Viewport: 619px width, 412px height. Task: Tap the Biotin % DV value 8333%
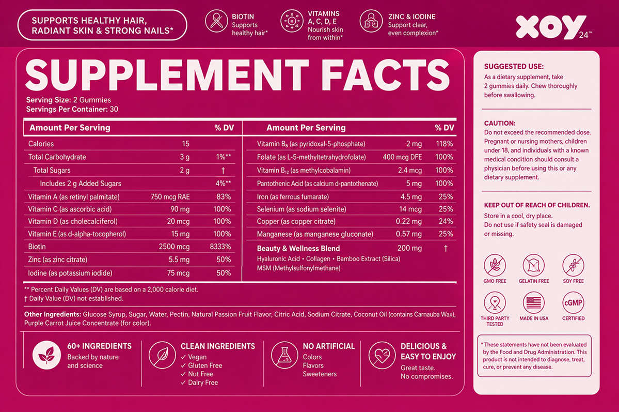click(x=220, y=247)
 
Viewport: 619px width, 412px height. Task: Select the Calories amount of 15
click(x=185, y=144)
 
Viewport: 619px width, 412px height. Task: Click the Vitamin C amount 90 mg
click(x=180, y=209)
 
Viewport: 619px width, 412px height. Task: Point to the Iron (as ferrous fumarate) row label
click(x=293, y=197)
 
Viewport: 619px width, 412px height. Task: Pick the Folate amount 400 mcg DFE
click(x=402, y=157)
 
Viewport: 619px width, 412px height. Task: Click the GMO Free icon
click(x=495, y=265)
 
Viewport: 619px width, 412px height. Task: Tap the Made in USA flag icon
click(x=534, y=303)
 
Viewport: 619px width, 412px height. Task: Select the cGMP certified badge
click(x=573, y=303)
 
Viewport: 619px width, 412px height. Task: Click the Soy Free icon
click(x=573, y=265)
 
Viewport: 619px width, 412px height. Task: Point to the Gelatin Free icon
click(x=534, y=265)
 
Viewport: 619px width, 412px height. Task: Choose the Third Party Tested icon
click(x=495, y=303)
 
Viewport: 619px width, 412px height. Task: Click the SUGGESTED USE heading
click(x=514, y=66)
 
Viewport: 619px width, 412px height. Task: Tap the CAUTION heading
click(x=500, y=124)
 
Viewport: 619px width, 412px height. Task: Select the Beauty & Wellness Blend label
click(x=298, y=249)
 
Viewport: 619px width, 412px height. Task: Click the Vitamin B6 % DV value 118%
click(x=445, y=144)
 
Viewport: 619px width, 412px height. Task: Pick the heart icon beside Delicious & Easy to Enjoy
click(x=382, y=355)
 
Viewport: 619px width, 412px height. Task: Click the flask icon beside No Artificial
click(x=284, y=355)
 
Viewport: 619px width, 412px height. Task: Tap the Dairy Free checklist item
click(x=199, y=383)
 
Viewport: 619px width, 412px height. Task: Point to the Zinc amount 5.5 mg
click(x=179, y=260)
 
